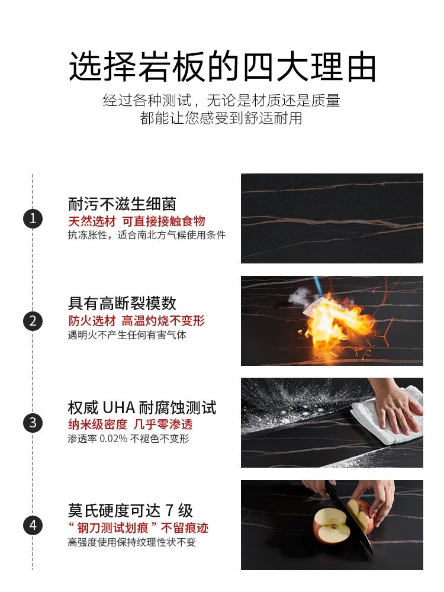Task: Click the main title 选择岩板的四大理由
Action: [222, 66]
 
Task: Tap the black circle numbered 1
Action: [33, 218]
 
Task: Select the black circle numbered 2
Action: [33, 321]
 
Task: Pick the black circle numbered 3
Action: [33, 423]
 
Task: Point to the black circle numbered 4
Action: [33, 525]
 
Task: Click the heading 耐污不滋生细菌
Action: [122, 204]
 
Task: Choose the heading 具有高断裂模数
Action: [122, 304]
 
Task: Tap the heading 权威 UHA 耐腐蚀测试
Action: [142, 407]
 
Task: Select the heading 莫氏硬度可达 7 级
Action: [130, 510]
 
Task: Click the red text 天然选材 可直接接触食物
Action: [136, 221]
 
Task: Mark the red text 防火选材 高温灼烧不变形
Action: [136, 321]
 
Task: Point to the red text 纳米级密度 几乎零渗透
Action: [130, 424]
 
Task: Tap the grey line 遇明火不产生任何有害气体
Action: [127, 335]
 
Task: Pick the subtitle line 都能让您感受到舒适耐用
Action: [221, 118]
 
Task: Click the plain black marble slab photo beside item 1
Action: [332, 218]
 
